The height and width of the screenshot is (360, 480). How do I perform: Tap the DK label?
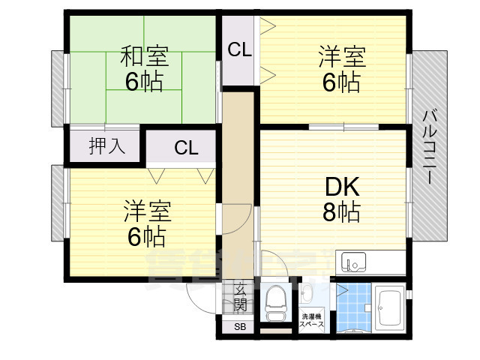341,186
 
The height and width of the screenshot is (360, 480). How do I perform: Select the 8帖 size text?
341,212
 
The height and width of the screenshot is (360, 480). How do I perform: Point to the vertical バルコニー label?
429,147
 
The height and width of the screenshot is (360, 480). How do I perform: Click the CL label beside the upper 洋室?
240,50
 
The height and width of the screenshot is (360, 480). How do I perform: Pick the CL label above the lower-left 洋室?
186,148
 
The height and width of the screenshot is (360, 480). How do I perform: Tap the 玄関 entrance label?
240,297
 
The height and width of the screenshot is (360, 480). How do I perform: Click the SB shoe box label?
239,327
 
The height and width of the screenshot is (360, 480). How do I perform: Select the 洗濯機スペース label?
312,320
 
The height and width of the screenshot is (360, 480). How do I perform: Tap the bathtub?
389,308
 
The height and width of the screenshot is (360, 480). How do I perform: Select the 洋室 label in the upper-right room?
341,56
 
